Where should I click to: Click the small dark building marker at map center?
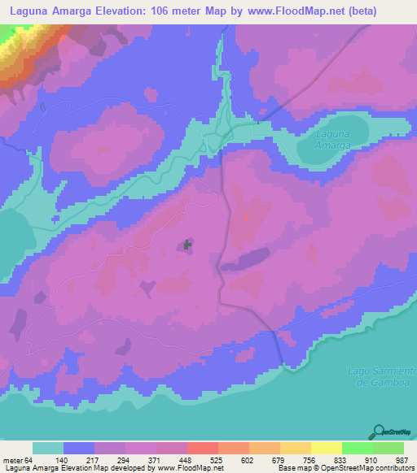(x=188, y=244)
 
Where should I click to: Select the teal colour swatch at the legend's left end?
(x=48, y=449)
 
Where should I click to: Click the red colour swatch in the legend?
(x=202, y=449)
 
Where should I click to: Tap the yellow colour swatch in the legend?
(x=327, y=449)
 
